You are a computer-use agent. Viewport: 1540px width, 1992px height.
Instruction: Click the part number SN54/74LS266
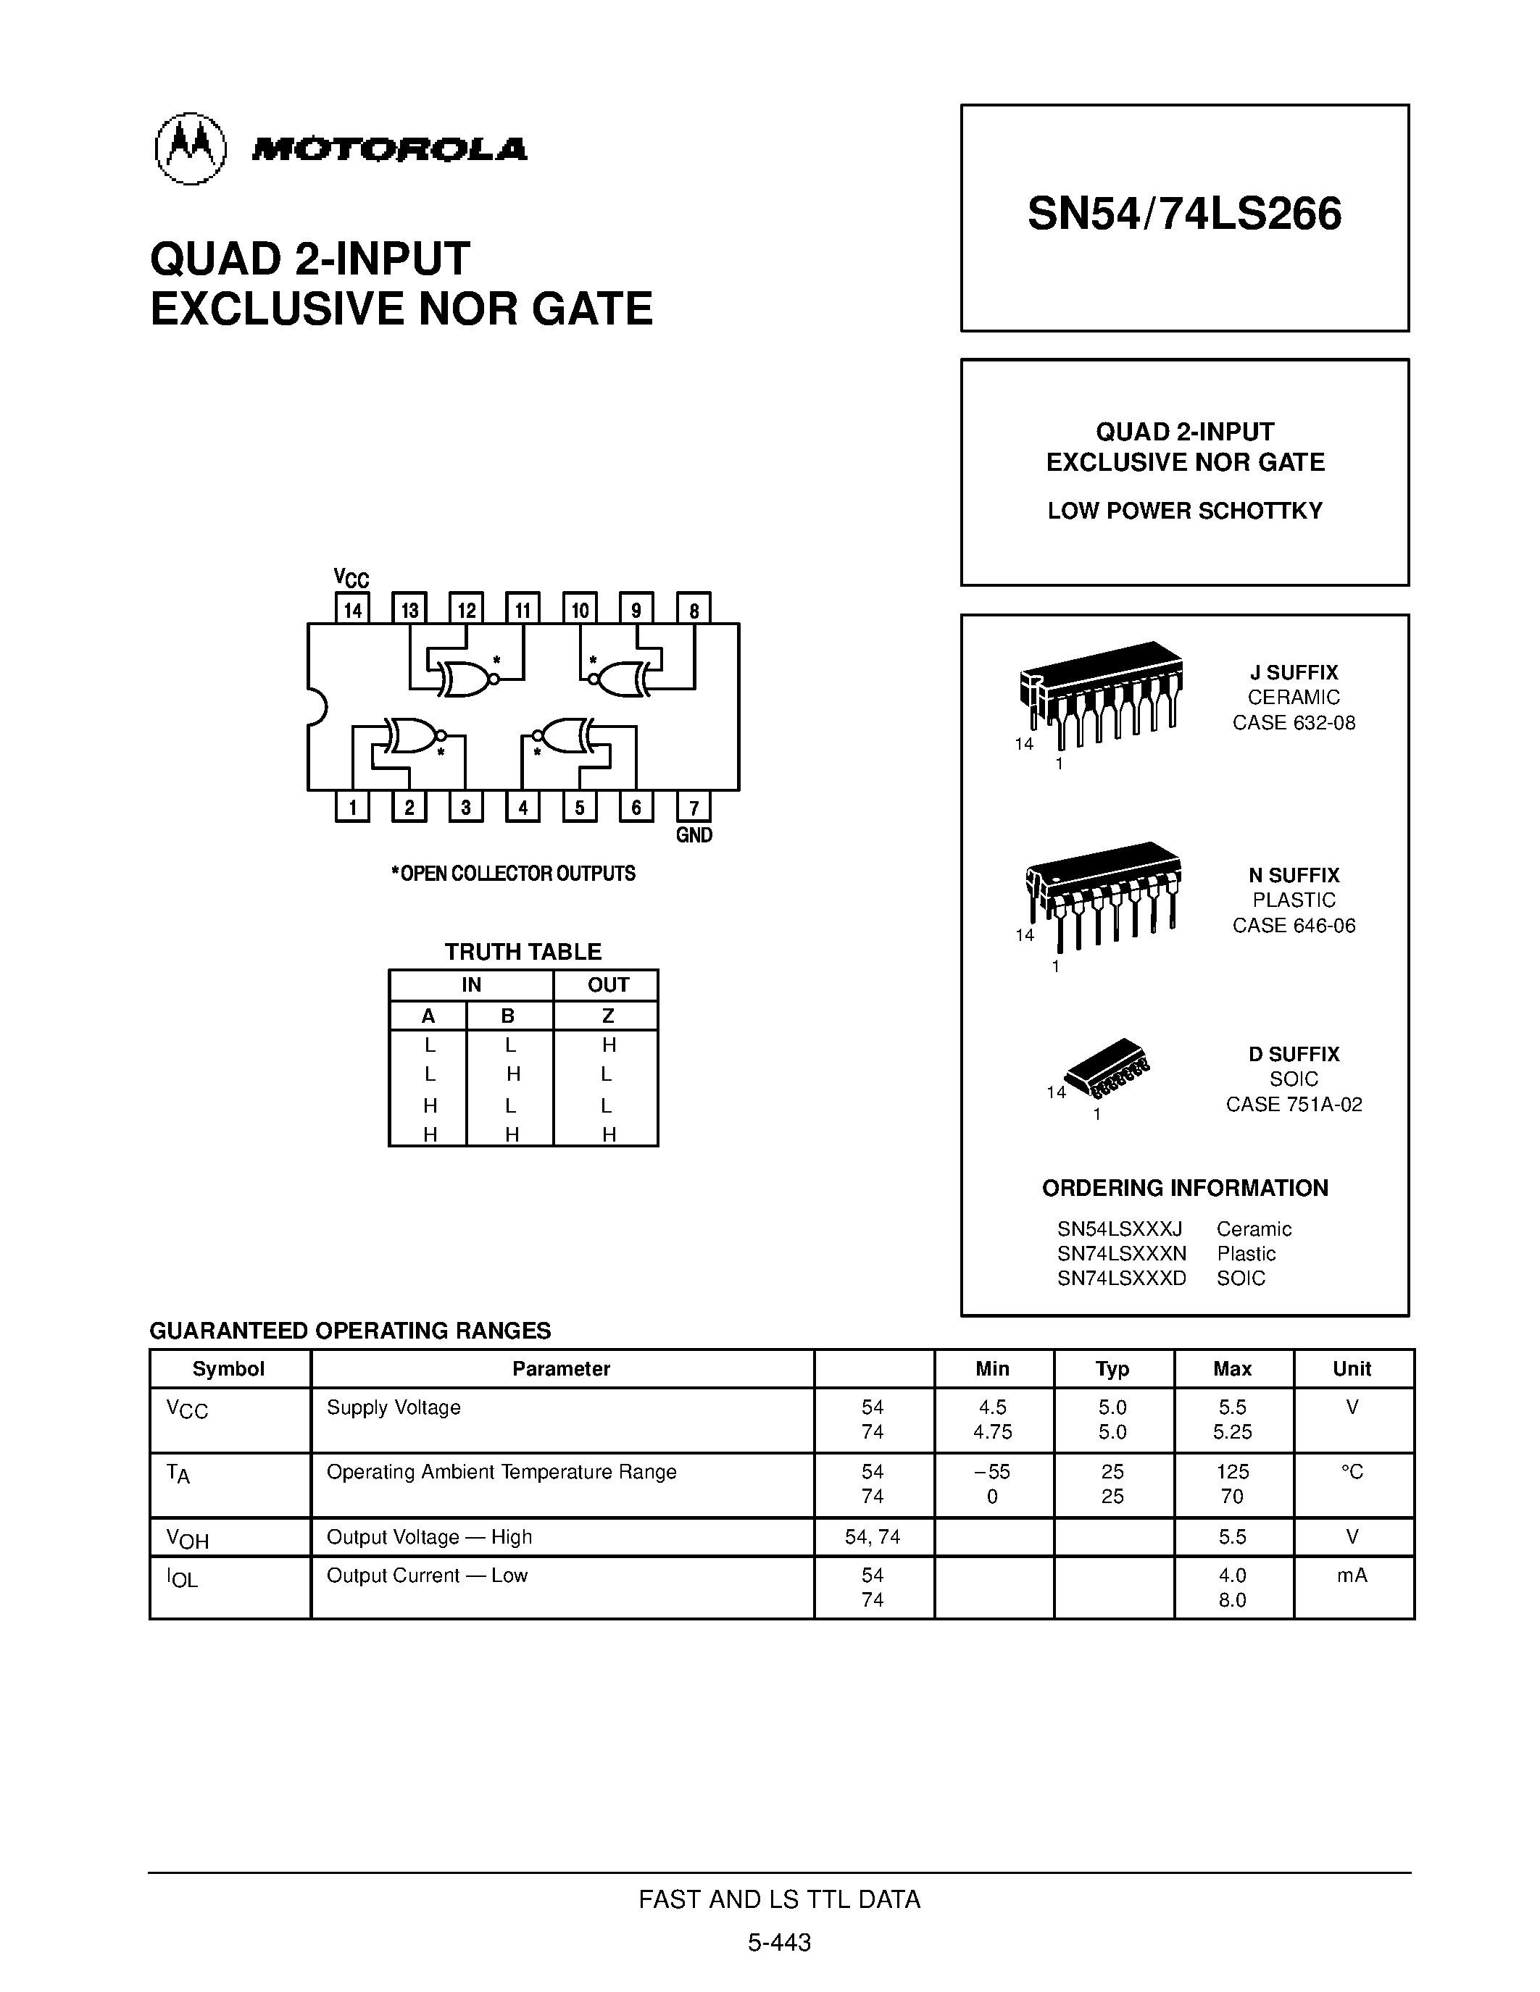pyautogui.click(x=1184, y=214)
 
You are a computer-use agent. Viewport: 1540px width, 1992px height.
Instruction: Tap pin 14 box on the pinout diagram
pyautogui.click(x=352, y=609)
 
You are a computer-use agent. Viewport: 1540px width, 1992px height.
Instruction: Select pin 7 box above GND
pyautogui.click(x=694, y=807)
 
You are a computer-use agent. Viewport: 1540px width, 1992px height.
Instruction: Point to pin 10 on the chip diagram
pyautogui.click(x=579, y=609)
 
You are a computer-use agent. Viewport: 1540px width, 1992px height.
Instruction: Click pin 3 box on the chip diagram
pyautogui.click(x=465, y=807)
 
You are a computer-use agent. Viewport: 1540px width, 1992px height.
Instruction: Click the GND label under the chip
pyautogui.click(x=694, y=835)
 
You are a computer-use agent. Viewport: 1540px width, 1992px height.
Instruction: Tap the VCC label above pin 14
pyautogui.click(x=350, y=577)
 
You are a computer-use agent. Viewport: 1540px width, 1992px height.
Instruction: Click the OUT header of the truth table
pyautogui.click(x=607, y=985)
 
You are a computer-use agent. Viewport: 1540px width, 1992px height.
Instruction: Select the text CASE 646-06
pyautogui.click(x=1294, y=926)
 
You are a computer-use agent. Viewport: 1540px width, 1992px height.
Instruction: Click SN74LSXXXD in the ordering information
pyautogui.click(x=1121, y=1279)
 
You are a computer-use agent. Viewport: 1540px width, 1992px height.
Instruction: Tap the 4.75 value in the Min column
pyautogui.click(x=993, y=1432)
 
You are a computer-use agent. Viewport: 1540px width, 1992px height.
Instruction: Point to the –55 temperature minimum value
pyautogui.click(x=993, y=1472)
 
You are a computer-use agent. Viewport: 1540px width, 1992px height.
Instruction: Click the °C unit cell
pyautogui.click(x=1352, y=1472)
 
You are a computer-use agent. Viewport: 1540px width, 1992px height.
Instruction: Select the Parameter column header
pyautogui.click(x=561, y=1369)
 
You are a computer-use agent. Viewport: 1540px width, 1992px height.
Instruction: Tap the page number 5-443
pyautogui.click(x=779, y=1943)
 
